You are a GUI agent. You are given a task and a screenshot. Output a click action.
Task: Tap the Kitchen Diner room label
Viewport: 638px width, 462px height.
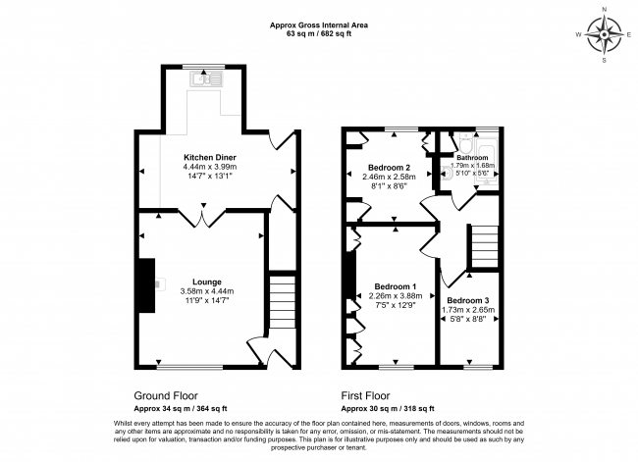point(210,157)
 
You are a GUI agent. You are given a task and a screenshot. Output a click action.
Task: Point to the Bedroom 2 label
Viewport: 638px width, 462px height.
point(389,167)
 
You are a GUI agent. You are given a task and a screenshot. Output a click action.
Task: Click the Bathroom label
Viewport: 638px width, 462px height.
point(471,156)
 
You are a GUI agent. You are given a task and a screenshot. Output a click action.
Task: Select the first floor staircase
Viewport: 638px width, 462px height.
point(484,244)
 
